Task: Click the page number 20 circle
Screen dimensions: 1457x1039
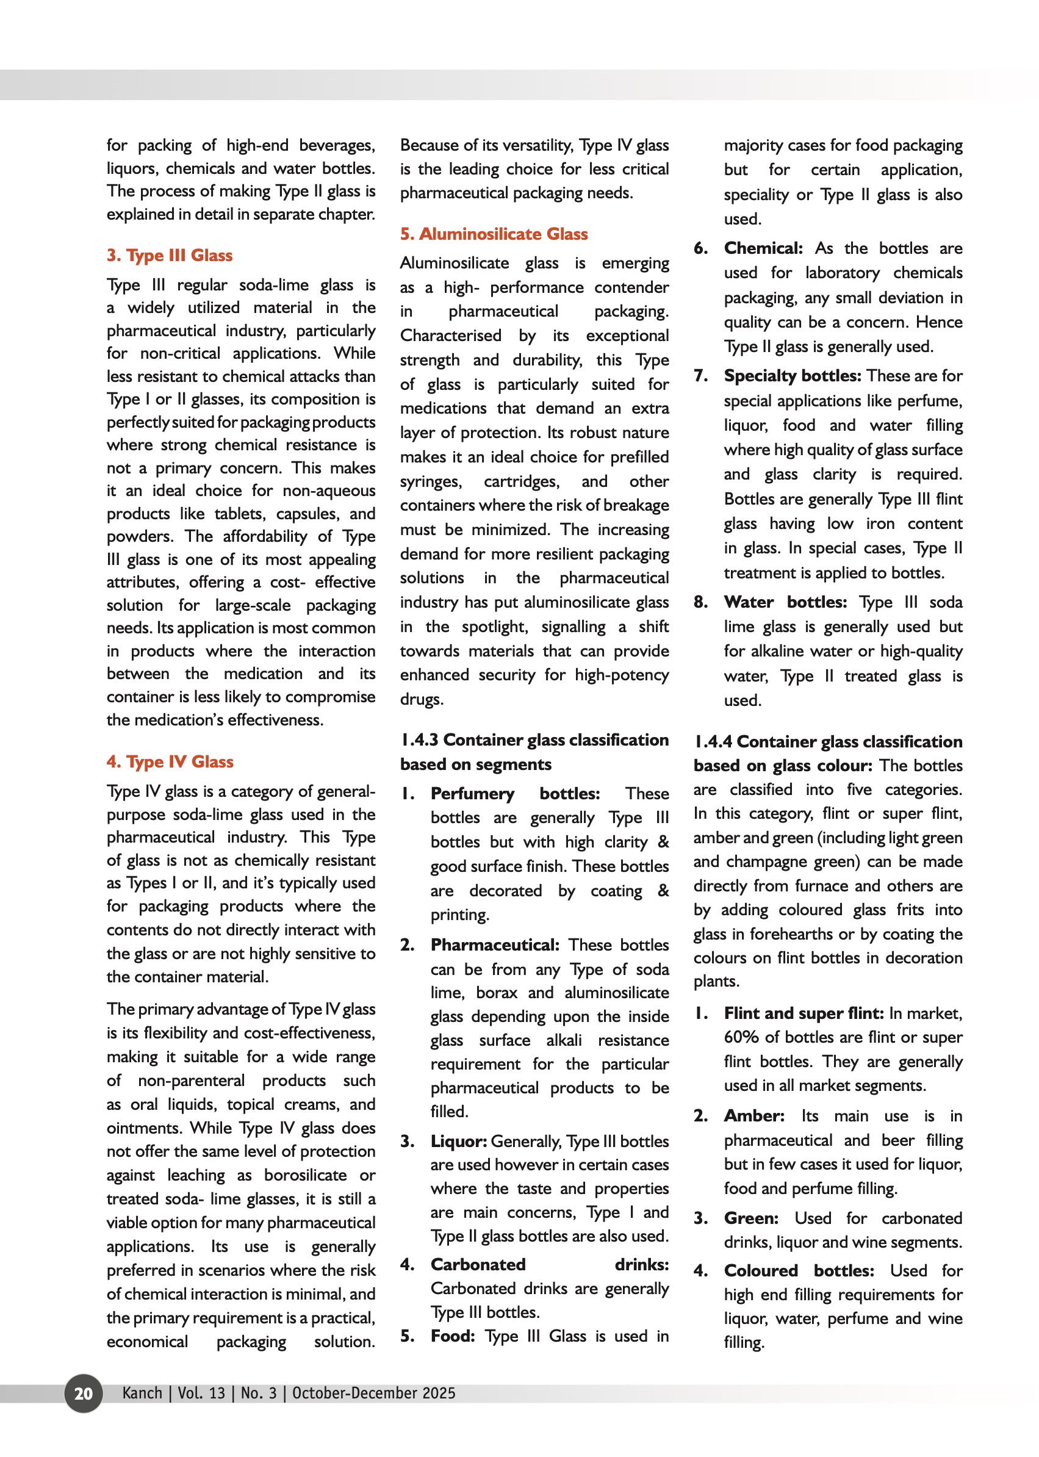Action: tap(83, 1393)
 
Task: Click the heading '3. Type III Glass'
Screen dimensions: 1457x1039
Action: tap(170, 255)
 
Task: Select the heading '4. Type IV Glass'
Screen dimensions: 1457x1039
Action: tap(170, 761)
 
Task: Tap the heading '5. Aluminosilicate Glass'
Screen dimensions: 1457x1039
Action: tap(494, 234)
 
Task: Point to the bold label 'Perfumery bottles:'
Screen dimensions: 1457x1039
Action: tap(515, 793)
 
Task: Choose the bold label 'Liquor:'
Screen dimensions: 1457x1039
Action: tap(459, 1142)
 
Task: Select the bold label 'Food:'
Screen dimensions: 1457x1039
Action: tap(453, 1336)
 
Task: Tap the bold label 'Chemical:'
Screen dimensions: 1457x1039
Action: tap(763, 248)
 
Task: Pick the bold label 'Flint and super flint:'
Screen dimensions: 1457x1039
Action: tap(804, 1013)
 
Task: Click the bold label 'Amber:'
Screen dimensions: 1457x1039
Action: tap(754, 1116)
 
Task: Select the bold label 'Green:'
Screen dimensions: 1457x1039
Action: tap(751, 1218)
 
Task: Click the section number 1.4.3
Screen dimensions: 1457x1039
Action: tap(420, 740)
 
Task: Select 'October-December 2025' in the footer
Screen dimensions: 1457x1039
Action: tap(373, 1393)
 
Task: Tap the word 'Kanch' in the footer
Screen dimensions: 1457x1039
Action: tap(142, 1393)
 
